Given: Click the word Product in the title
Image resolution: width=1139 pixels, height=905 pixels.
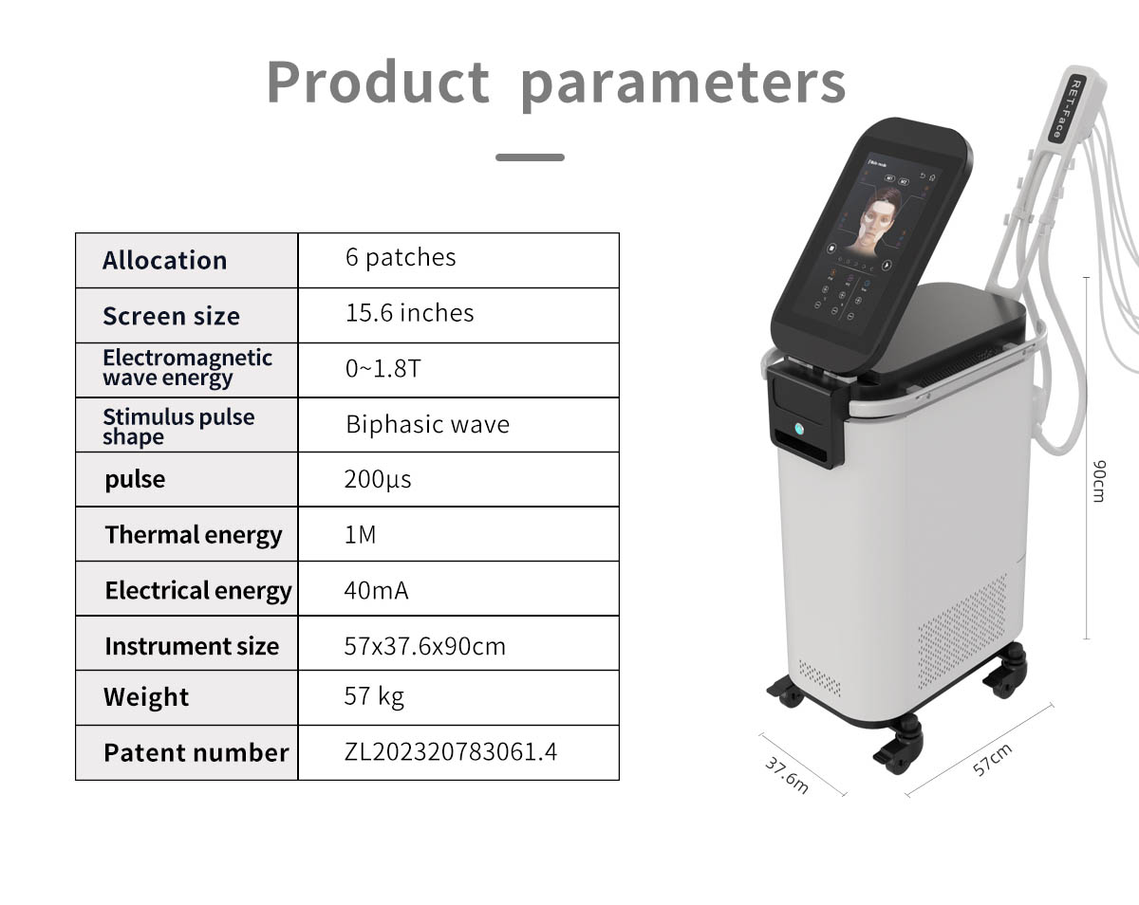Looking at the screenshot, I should coord(377,83).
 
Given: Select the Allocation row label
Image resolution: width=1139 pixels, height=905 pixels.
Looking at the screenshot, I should coord(164,261).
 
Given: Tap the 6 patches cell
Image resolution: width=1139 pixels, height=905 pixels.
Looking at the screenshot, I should coord(401,257).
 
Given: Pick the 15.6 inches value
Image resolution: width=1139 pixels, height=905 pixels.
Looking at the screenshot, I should coord(409,313).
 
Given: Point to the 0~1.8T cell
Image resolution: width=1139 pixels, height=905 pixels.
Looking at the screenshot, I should coord(383,369).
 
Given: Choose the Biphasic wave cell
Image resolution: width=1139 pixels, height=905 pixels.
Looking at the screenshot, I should coord(427,424).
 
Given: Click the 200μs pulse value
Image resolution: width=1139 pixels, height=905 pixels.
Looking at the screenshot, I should coord(378,479).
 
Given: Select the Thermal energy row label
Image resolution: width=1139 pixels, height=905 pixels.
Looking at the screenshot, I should coord(193,535).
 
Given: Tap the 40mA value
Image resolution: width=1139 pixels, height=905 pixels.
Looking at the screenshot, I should coord(376,590).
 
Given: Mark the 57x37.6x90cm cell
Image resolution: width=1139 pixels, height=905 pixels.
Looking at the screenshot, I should coord(424,646).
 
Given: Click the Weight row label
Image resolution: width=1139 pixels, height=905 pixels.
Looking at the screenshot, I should coord(146,697).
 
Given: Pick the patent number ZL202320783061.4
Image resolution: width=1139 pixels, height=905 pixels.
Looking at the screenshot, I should coord(450,752).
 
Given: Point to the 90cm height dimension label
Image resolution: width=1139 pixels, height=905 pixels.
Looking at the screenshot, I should coord(1098,480).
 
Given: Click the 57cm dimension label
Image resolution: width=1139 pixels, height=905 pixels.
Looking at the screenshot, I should coord(992,760).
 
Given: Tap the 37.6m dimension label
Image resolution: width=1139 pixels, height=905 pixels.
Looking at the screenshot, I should coord(787,775).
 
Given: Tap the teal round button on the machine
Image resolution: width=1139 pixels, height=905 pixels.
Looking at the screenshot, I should coord(799,429).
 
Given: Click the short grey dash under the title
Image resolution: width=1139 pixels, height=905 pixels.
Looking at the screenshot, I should coord(530,157).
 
